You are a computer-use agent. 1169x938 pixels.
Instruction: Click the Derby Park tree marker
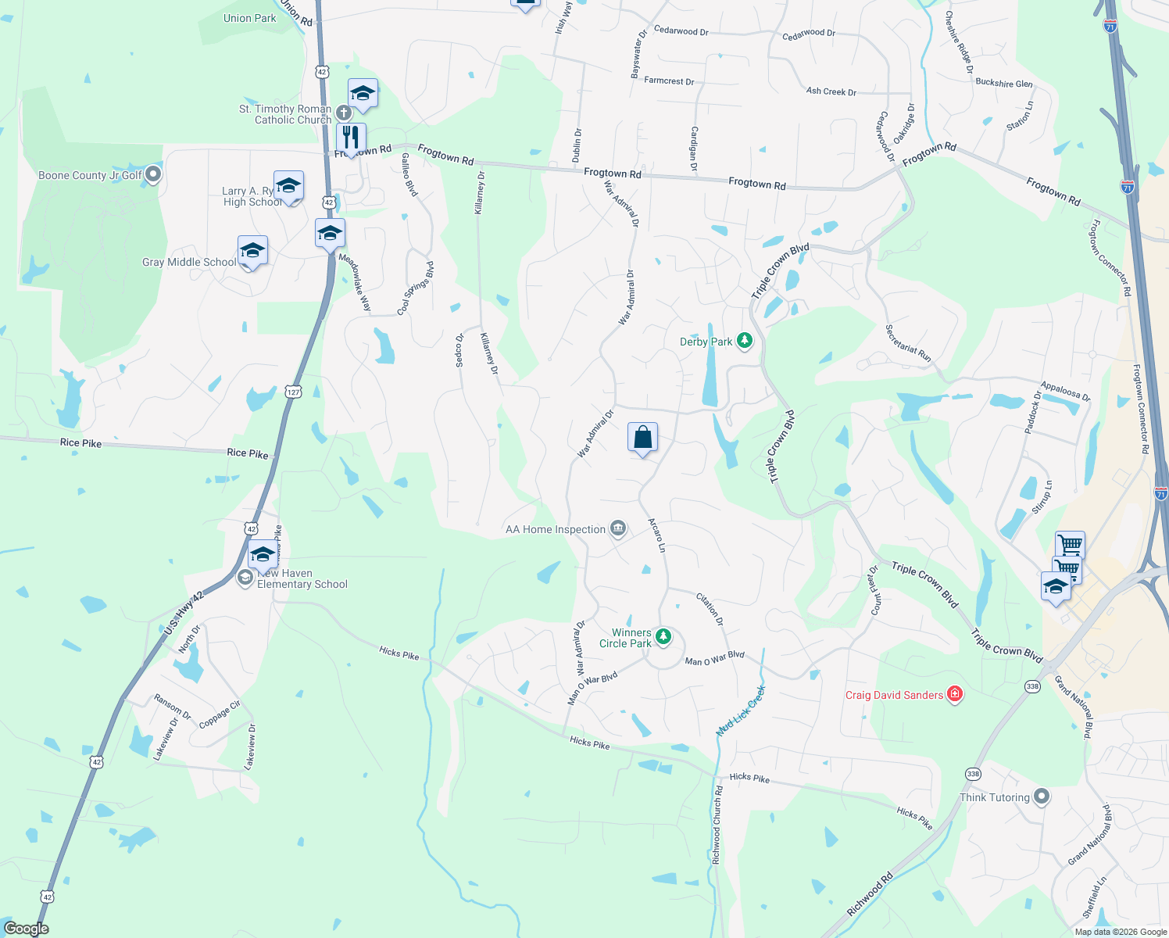click(x=745, y=342)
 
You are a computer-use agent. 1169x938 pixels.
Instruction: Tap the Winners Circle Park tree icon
click(x=663, y=637)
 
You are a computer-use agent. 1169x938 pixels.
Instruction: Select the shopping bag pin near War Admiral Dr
click(x=642, y=439)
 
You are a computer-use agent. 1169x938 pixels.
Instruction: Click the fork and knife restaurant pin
click(x=351, y=138)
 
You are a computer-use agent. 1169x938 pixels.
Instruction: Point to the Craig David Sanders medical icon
click(x=954, y=694)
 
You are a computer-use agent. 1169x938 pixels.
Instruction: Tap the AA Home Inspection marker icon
click(x=618, y=529)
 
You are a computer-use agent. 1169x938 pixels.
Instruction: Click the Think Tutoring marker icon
click(x=1041, y=797)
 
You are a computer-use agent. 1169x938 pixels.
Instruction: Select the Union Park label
click(x=249, y=18)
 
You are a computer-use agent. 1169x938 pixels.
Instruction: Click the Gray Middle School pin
click(x=252, y=252)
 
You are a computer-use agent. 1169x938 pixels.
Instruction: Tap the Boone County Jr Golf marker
click(x=153, y=174)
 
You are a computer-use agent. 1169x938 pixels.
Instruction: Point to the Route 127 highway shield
click(x=293, y=391)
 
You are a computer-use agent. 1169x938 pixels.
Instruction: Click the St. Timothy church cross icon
click(x=343, y=114)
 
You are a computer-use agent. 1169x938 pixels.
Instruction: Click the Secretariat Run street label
click(x=908, y=342)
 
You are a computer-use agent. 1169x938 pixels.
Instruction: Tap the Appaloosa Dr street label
click(x=1065, y=391)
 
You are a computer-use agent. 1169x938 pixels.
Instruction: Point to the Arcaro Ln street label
click(x=657, y=535)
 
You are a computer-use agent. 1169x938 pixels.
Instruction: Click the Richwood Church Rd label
click(x=717, y=825)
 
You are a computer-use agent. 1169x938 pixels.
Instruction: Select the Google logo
click(x=26, y=929)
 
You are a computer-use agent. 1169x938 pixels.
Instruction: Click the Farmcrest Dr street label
click(x=669, y=81)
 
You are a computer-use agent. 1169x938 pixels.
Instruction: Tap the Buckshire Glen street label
click(x=1004, y=83)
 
